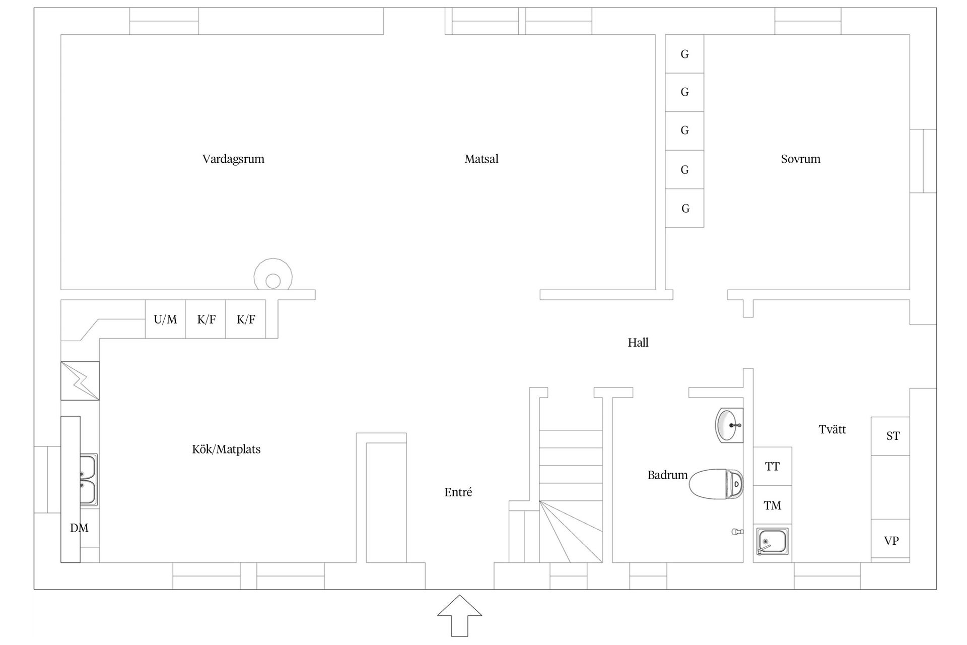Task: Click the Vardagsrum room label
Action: click(x=233, y=159)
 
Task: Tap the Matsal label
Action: click(x=481, y=159)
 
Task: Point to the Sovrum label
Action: click(x=800, y=159)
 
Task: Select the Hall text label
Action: click(x=638, y=343)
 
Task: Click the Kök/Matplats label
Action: click(x=226, y=449)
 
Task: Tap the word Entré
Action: click(x=458, y=492)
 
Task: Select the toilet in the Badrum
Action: click(x=716, y=484)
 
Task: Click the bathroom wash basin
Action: click(x=728, y=425)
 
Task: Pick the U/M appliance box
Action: click(x=165, y=319)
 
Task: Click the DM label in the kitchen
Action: click(x=79, y=528)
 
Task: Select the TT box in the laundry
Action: click(x=772, y=467)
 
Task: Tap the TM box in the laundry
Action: click(x=772, y=505)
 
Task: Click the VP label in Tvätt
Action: click(x=891, y=541)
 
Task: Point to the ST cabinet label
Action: click(x=892, y=436)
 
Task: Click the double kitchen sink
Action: click(x=88, y=480)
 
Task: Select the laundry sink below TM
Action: click(x=771, y=542)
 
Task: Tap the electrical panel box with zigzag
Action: click(x=80, y=381)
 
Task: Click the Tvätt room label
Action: click(x=832, y=429)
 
